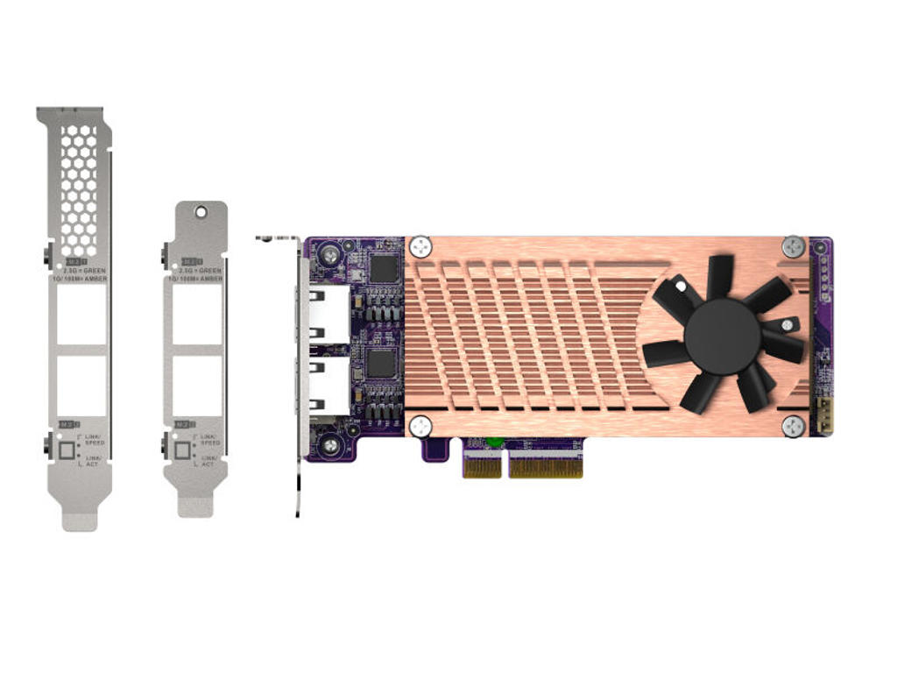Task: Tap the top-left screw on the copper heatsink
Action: click(x=420, y=247)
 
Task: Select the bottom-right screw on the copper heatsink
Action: click(x=794, y=426)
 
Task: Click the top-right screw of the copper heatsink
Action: click(x=794, y=247)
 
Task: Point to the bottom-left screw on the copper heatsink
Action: click(x=420, y=427)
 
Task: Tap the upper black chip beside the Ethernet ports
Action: click(x=384, y=268)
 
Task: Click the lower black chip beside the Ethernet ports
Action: click(x=384, y=363)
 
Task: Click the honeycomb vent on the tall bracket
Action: click(x=79, y=189)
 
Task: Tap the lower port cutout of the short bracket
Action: click(x=197, y=386)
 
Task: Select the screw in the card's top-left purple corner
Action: click(x=329, y=255)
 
